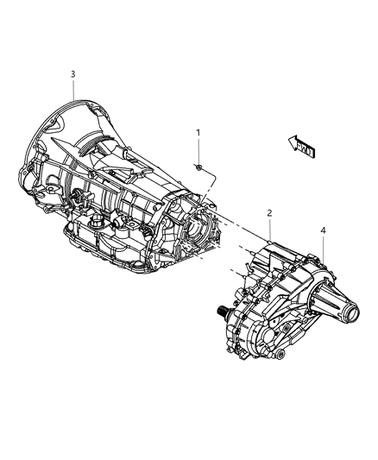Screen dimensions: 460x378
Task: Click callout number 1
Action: tap(198, 133)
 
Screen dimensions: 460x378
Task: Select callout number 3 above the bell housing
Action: tap(73, 74)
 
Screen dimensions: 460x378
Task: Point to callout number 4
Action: tap(323, 230)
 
